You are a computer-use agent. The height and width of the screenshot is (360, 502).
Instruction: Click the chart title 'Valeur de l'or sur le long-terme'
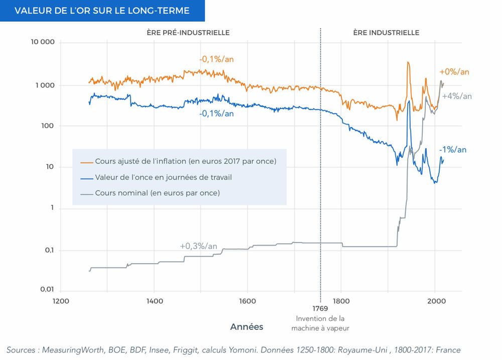coord(102,11)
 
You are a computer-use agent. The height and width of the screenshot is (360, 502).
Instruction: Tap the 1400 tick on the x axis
coord(154,301)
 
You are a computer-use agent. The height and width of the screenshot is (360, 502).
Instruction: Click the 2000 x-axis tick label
coord(435,301)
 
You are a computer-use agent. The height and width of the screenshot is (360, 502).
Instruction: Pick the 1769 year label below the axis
coord(320,310)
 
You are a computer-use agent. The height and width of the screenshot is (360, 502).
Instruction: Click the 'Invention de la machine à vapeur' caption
coord(320,323)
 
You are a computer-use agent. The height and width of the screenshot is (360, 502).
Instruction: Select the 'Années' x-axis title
coord(246,327)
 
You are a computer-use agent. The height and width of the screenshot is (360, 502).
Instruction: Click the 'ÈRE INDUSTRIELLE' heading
coord(386,33)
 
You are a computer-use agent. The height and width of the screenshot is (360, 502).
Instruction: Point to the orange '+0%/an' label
coord(454,72)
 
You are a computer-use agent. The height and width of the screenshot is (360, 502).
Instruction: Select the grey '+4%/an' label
coord(457,96)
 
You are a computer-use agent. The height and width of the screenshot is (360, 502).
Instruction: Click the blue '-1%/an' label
coord(452,150)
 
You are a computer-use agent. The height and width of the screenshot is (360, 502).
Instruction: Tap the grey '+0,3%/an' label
coord(198,246)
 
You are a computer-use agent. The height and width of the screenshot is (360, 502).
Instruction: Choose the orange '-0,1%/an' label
coord(216,59)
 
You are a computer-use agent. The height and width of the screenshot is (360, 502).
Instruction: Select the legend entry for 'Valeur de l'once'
coord(163,177)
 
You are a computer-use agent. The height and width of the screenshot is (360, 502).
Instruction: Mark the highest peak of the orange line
coord(408,62)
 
